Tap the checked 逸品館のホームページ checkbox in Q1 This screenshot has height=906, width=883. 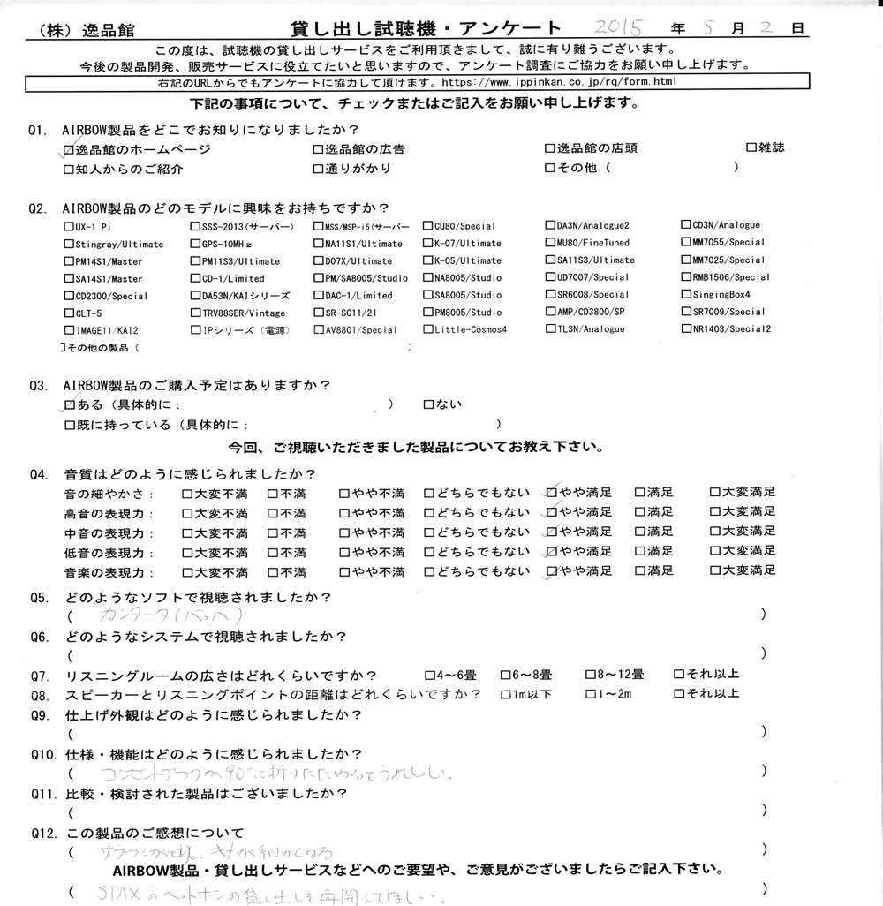pos(70,150)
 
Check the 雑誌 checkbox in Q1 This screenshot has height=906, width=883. pos(751,147)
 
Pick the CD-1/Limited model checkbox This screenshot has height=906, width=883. pos(195,279)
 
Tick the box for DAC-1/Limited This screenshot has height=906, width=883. pos(319,296)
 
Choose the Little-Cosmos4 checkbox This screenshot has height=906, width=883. pos(427,330)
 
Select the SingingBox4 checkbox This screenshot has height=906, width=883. pos(686,294)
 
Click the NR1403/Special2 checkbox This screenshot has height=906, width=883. pos(686,329)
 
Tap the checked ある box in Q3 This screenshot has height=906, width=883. pos(70,405)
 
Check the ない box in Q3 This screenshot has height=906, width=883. pos(428,405)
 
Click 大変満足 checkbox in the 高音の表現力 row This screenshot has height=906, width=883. pos(714,512)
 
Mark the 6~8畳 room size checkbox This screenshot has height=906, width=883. pos(505,675)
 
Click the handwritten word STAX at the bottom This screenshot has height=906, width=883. pos(125,895)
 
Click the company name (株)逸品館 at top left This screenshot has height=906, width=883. pos(84,29)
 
